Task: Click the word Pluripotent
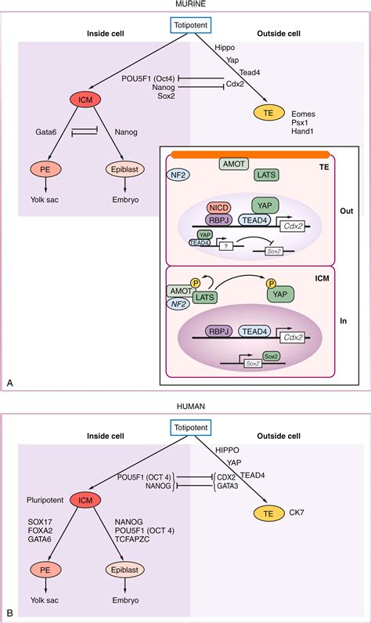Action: (x=39, y=497)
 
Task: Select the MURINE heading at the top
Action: (x=185, y=6)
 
